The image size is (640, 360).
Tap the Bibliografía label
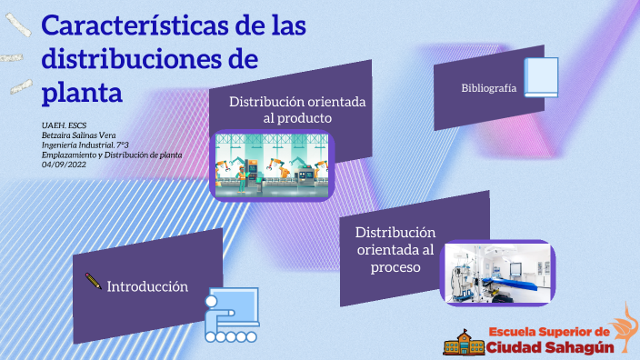tap(488, 88)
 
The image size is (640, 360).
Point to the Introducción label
tap(147, 286)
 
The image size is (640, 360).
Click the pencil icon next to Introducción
tap(93, 281)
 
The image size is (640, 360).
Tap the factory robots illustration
tap(273, 165)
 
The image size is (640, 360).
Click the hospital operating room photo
tap(498, 274)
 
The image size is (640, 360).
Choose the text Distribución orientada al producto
tap(297, 110)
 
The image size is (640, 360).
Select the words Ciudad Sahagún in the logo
tap(550, 346)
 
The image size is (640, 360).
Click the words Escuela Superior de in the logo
tap(548, 329)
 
